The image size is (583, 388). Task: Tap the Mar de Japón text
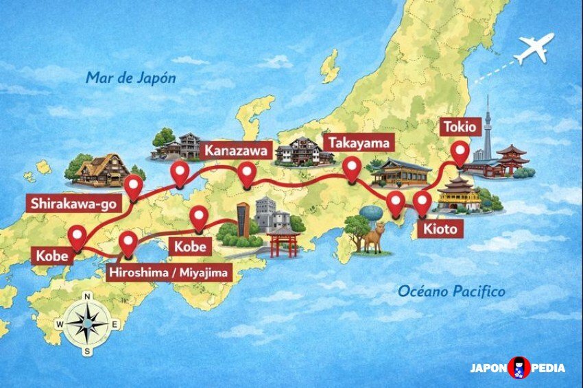coord(130,77)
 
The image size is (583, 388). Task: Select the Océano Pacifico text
coord(451,292)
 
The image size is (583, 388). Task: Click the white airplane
coord(534,48)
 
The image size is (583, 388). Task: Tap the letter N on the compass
coord(88,296)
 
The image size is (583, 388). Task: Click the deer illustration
coord(373,238)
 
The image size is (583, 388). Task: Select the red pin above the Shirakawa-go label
coord(133,184)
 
